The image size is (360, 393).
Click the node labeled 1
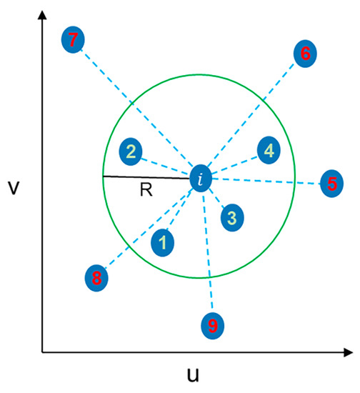click(x=164, y=242)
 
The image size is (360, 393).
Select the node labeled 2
click(x=131, y=151)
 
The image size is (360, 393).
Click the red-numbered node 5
click(x=331, y=184)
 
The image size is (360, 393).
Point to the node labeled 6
click(x=305, y=53)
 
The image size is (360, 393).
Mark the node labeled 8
click(x=96, y=277)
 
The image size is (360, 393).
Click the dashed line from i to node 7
click(x=136, y=107)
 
